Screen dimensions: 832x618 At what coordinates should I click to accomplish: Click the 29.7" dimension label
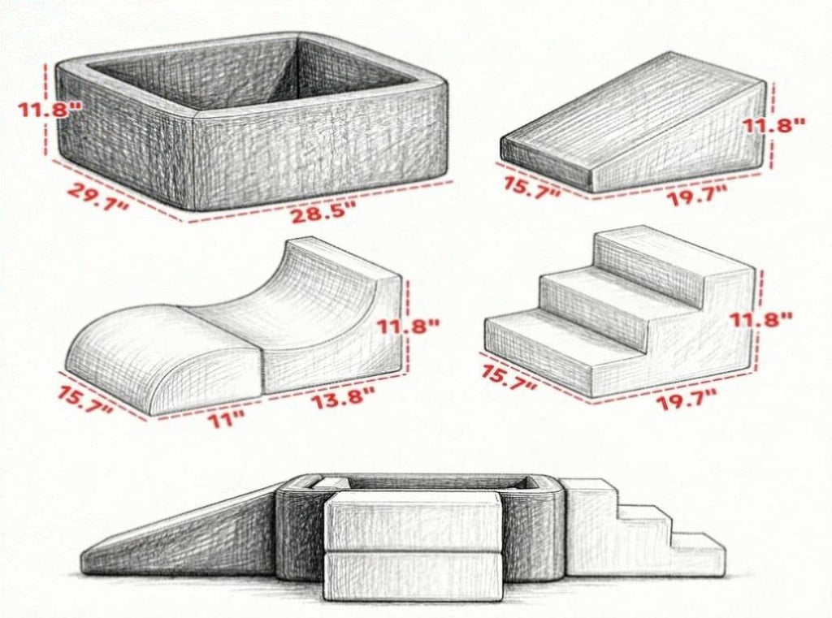(x=98, y=196)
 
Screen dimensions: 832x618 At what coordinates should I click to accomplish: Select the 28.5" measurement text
(x=322, y=214)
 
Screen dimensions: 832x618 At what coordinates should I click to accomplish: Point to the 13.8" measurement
(x=342, y=398)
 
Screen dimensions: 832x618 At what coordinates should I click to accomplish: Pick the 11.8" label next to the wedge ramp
(x=773, y=126)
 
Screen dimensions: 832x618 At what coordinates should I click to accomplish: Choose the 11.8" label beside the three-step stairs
(x=760, y=320)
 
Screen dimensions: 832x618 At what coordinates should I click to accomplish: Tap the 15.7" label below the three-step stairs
(x=509, y=377)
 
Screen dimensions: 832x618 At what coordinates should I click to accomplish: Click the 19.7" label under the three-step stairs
(x=687, y=399)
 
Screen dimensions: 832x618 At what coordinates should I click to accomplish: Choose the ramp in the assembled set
(x=180, y=538)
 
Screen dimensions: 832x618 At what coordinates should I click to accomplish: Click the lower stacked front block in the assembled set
(x=412, y=577)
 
